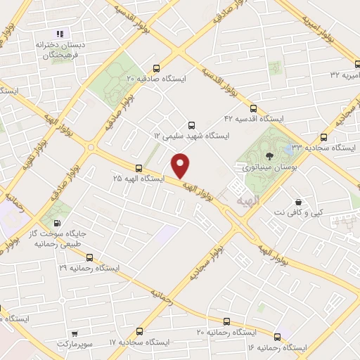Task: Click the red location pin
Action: coord(181,165)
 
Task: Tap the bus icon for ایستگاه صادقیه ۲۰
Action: coord(156,69)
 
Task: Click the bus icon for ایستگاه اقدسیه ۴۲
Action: coord(253,108)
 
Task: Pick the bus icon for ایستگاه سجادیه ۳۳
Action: coord(323,136)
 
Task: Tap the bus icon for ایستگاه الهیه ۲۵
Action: coord(139,168)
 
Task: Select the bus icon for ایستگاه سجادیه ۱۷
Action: coord(139,331)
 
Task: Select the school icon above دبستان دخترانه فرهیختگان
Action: coord(60,34)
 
